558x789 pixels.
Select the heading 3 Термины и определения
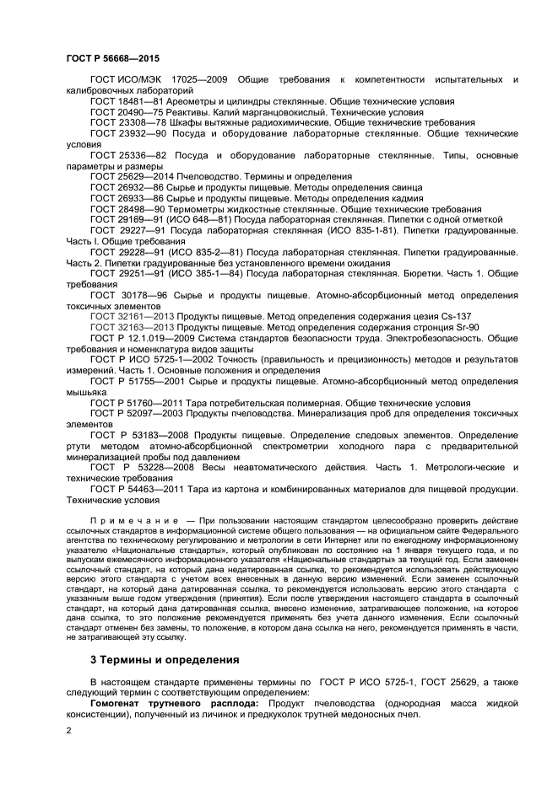[165, 659]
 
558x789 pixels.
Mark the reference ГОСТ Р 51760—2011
[138, 402]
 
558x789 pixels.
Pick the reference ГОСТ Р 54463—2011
[138, 489]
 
